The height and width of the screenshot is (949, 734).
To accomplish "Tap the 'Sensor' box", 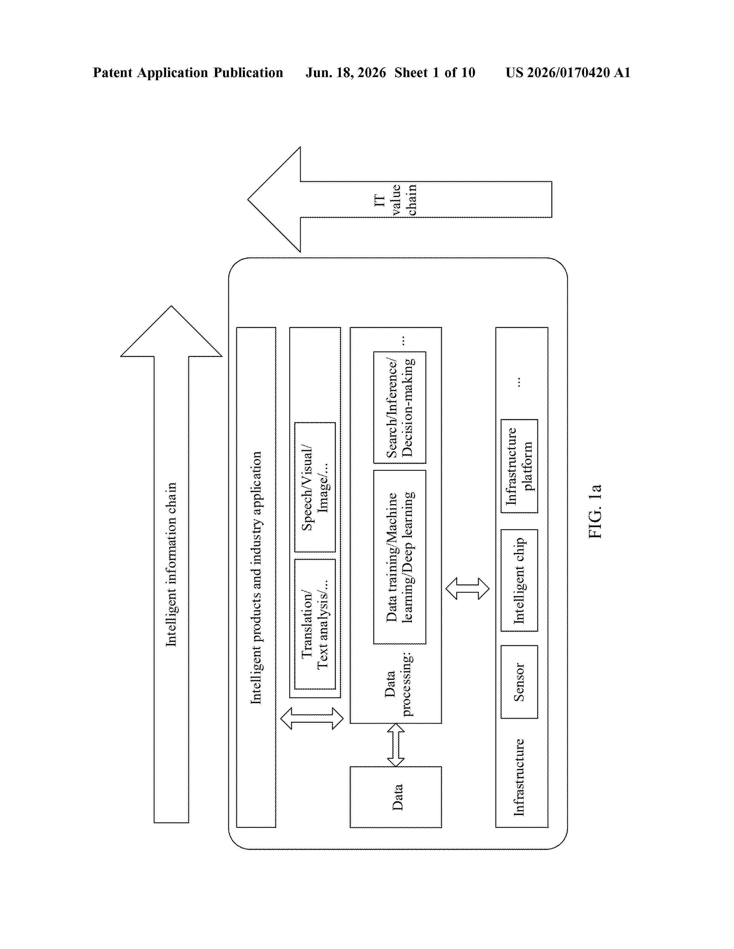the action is click(519, 682).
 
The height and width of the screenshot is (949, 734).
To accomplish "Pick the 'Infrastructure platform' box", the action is click(519, 466).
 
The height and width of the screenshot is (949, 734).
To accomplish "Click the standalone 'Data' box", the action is click(396, 797).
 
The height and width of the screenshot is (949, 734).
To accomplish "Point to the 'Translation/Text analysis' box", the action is click(315, 624).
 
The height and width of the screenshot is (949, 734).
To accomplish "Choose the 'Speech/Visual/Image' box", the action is click(315, 487).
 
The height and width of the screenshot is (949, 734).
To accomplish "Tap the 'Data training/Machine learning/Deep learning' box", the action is click(400, 557).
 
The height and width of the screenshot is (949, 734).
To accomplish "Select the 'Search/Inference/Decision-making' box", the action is click(400, 407).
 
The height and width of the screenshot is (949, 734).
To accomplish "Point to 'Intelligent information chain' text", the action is click(171, 565).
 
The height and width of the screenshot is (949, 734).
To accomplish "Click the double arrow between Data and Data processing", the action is click(396, 745).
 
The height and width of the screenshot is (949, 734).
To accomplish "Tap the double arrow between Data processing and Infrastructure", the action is click(467, 588).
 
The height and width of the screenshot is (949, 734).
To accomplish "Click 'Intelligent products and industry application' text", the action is click(256, 577).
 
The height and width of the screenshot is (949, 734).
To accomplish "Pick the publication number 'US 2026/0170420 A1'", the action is click(568, 72).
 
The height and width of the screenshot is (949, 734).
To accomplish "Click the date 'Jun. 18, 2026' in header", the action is click(346, 72).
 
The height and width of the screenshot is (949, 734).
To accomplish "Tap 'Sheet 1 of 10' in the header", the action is click(435, 72).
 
